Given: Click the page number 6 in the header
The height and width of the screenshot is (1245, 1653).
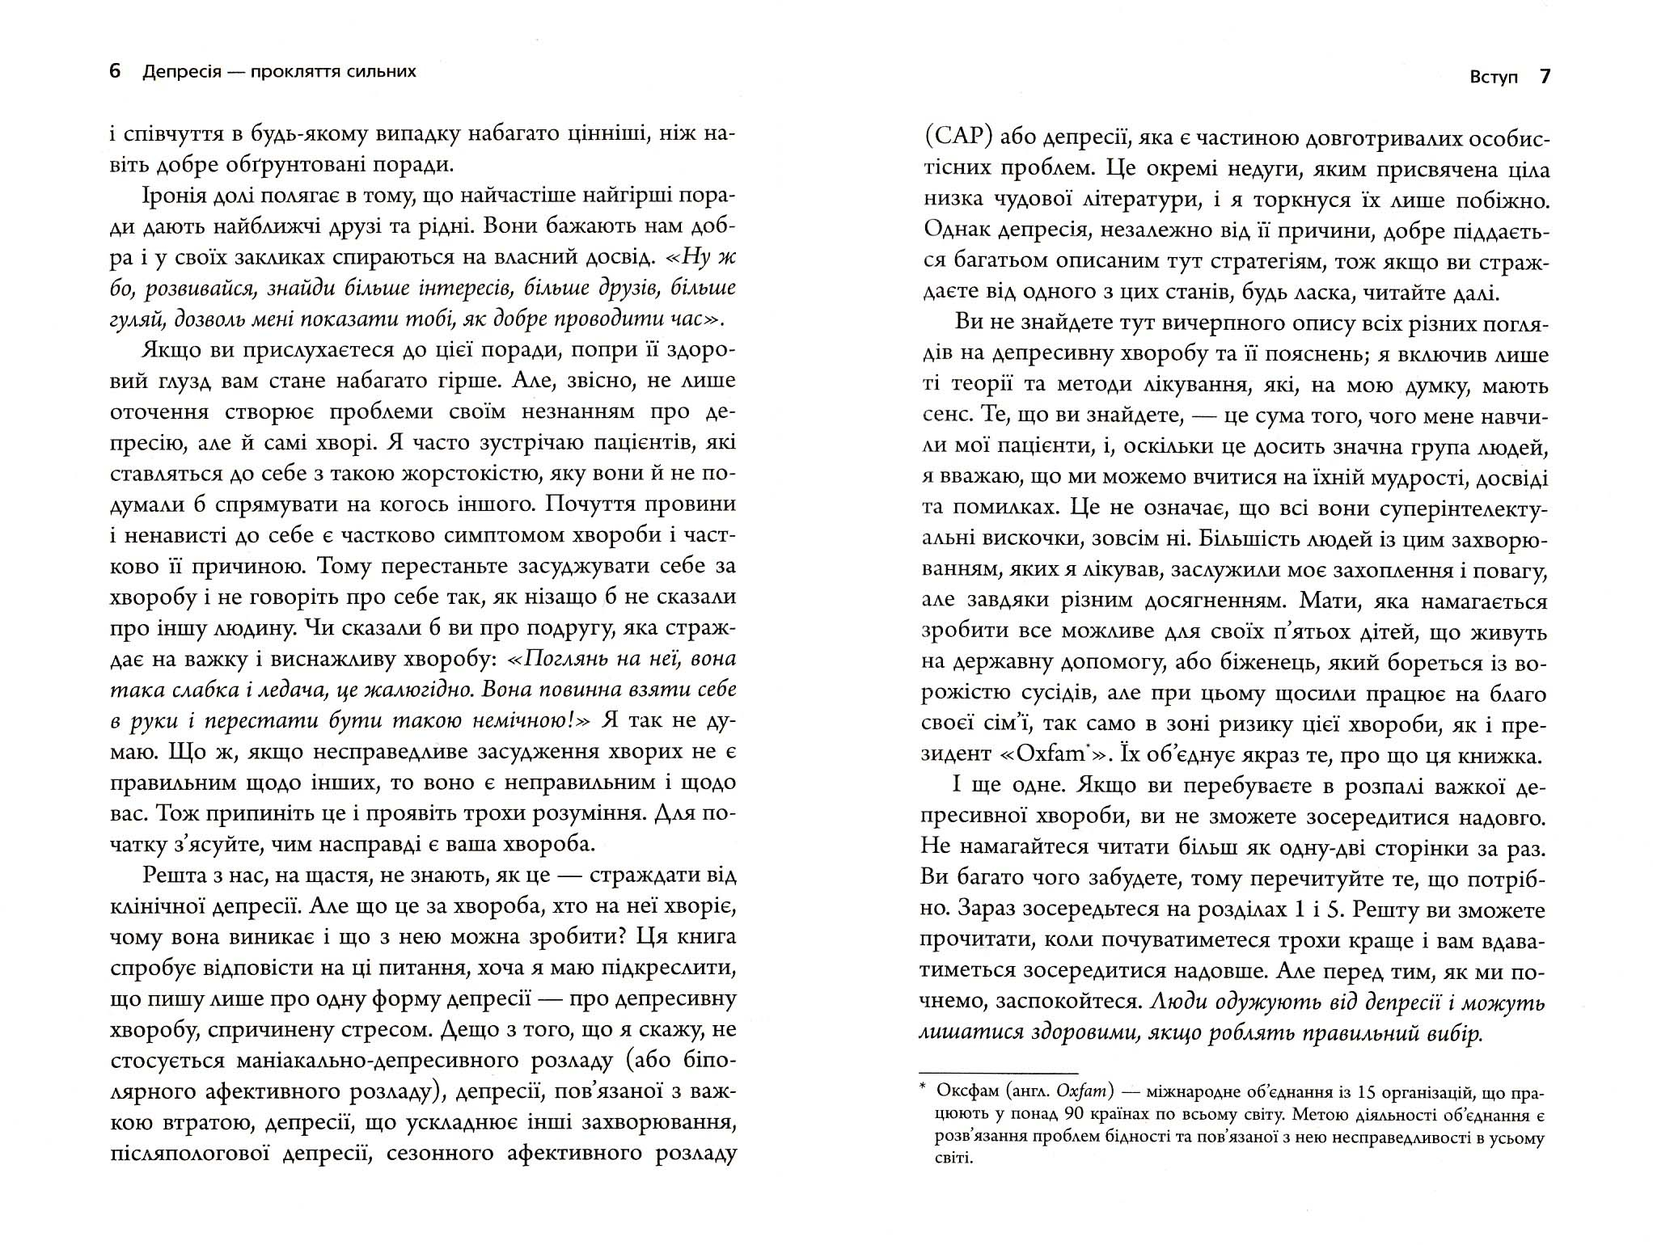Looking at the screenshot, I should (115, 72).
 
